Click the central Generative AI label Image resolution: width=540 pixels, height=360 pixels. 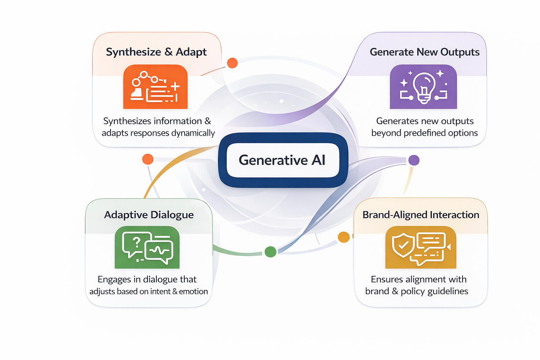pyautogui.click(x=282, y=160)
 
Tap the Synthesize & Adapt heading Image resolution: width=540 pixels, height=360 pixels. pyautogui.click(x=156, y=52)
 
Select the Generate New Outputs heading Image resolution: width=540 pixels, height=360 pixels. pyautogui.click(x=424, y=52)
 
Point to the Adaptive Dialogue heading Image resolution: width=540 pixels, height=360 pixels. pyautogui.click(x=149, y=215)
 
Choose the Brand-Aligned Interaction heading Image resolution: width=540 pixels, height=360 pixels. pyautogui.click(x=420, y=215)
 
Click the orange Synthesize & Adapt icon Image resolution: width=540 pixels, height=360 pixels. pyautogui.click(x=155, y=87)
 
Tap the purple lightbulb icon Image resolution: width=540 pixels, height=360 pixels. pyautogui.click(x=423, y=87)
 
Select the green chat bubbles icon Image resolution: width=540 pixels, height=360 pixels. pyautogui.click(x=147, y=247)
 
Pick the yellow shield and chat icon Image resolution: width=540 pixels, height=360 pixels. pyautogui.click(x=420, y=247)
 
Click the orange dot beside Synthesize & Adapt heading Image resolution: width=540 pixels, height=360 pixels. pyautogui.click(x=232, y=63)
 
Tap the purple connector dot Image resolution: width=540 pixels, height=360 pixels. pyautogui.click(x=414, y=160)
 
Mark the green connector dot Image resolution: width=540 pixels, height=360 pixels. pyautogui.click(x=270, y=252)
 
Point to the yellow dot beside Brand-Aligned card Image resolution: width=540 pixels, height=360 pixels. pyautogui.click(x=343, y=237)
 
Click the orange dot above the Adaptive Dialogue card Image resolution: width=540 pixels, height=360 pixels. pyautogui.click(x=148, y=159)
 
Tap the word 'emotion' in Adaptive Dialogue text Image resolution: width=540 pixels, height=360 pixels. pyautogui.click(x=193, y=291)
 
